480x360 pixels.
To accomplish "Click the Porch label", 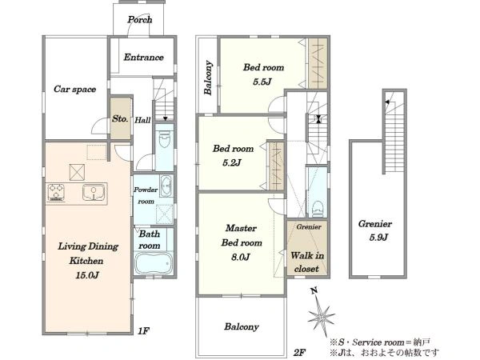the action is tap(140, 20).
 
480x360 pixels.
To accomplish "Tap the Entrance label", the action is tap(143, 58).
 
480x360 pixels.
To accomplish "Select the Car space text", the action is tap(74, 89).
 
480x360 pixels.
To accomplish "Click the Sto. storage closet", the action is tap(121, 118).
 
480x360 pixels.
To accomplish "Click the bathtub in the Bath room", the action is tap(154, 263).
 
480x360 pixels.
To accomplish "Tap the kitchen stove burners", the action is tap(56, 193).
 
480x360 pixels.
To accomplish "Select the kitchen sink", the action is tap(94, 193).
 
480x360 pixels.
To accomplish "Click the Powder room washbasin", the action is tap(166, 186).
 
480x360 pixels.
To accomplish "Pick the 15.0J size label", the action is tap(87, 275).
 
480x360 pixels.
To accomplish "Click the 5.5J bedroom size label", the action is tap(262, 82).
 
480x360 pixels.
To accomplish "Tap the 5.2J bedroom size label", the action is tap(231, 163).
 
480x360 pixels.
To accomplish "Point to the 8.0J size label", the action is tap(240, 257).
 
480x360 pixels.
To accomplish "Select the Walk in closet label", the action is tap(307, 262).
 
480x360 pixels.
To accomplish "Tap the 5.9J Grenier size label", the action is tap(378, 238).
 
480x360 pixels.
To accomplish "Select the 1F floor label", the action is tap(143, 331).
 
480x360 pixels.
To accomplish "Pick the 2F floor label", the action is tap(299, 352).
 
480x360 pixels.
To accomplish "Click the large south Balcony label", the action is tap(242, 327).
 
